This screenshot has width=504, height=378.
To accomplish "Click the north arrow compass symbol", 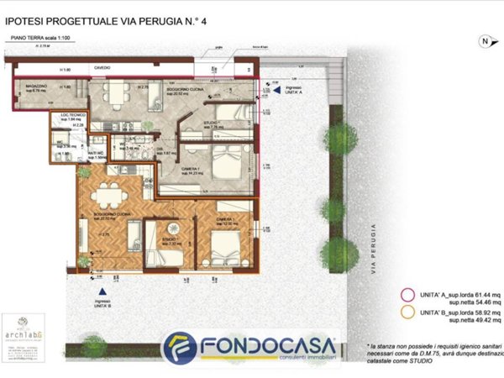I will [x=484, y=40].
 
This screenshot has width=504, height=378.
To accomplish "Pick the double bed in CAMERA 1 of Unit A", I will [x=225, y=162].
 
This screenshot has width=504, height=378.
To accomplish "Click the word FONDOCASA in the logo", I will [x=267, y=344].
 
